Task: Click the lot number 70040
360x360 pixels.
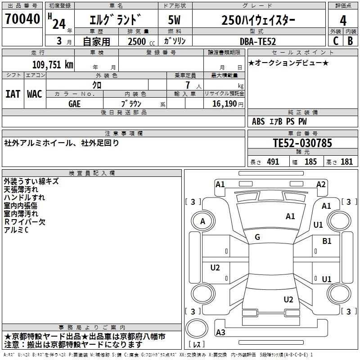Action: pyautogui.click(x=22, y=20)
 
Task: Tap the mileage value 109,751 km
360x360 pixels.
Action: pyautogui.click(x=53, y=64)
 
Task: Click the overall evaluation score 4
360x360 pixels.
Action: pyautogui.click(x=343, y=20)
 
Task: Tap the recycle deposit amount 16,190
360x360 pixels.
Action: pyautogui.click(x=224, y=103)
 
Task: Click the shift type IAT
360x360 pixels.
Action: pyautogui.click(x=13, y=94)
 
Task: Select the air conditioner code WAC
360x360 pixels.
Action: pyautogui.click(x=35, y=94)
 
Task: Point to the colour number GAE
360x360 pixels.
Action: pyautogui.click(x=75, y=103)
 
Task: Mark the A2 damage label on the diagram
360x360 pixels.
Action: pyautogui.click(x=321, y=184)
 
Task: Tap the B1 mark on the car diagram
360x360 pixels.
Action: pyautogui.click(x=327, y=241)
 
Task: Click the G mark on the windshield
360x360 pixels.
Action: pyautogui.click(x=257, y=237)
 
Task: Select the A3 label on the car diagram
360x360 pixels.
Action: pyautogui.click(x=220, y=333)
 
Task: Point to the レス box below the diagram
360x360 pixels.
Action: pyautogui.click(x=197, y=345)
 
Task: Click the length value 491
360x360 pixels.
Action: pyautogui.click(x=273, y=162)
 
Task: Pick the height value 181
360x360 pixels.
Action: pyautogui.click(x=346, y=162)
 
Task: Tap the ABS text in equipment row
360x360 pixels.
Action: pyautogui.click(x=258, y=121)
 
